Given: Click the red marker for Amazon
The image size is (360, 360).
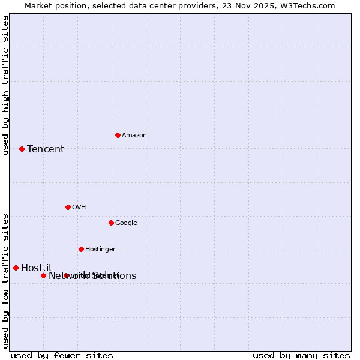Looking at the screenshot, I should (118, 135).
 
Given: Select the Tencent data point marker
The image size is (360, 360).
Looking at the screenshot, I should (22, 149).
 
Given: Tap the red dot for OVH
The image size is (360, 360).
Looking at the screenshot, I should (68, 207).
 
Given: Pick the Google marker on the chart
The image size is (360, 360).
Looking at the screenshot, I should (111, 223).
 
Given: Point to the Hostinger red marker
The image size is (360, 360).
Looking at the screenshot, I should (81, 249).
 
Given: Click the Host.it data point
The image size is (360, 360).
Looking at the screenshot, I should (16, 268).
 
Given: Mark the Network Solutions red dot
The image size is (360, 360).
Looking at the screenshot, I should (43, 275).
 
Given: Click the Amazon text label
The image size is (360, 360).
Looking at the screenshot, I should (134, 135).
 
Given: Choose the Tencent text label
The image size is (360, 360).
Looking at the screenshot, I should (46, 149).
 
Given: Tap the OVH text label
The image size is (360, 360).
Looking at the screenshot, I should (79, 207).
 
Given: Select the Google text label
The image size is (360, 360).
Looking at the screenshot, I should (126, 223).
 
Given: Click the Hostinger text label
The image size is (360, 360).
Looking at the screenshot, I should (100, 249).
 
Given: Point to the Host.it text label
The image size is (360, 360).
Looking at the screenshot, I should (37, 268).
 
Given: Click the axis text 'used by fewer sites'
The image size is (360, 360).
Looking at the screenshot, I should (62, 355).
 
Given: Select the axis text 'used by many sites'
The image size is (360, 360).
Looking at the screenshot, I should (301, 355).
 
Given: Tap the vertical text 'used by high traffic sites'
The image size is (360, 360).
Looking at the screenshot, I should (5, 85).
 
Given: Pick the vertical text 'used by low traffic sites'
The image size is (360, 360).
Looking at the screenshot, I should (5, 280).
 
